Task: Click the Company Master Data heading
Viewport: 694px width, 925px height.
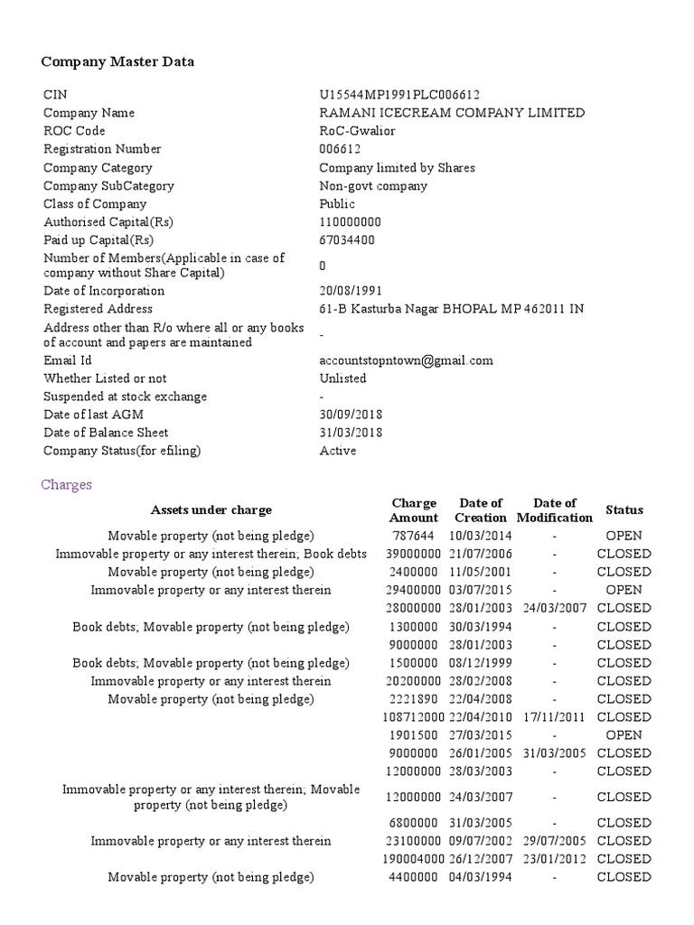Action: pos(117,62)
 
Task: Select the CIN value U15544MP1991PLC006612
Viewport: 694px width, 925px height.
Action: pos(399,95)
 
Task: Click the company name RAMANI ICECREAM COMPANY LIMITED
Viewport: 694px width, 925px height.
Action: pos(452,113)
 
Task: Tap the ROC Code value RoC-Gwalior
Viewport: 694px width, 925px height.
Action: pos(357,131)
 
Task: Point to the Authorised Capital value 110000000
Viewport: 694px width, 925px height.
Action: pos(351,222)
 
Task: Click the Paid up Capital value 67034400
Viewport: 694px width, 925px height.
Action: pos(347,240)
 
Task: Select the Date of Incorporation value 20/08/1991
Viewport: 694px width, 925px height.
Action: pos(351,291)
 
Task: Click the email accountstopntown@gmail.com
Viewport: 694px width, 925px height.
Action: pos(406,360)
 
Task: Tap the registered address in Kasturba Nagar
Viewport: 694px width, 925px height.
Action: pos(451,309)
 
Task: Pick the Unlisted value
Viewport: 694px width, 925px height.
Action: pos(342,378)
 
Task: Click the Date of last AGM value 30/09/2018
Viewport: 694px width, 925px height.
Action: pos(351,415)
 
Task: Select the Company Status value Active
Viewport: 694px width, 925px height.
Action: pos(337,451)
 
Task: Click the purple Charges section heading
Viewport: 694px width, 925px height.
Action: pos(67,485)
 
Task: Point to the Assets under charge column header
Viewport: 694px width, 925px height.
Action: pos(211,510)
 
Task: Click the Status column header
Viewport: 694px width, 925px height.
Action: pos(624,510)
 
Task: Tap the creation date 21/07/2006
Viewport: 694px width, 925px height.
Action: pos(480,554)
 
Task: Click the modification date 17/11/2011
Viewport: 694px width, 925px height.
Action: pos(554,717)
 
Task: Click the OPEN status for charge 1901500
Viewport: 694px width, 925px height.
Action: pos(624,735)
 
